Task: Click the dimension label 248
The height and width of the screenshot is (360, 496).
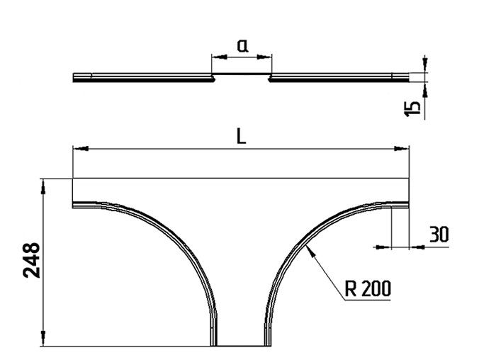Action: pyautogui.click(x=32, y=260)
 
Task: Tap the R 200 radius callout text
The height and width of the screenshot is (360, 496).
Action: pyautogui.click(x=368, y=288)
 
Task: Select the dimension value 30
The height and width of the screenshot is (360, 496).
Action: pyautogui.click(x=439, y=235)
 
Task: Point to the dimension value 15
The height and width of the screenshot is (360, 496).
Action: pyautogui.click(x=413, y=108)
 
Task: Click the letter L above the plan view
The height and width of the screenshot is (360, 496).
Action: pyautogui.click(x=242, y=137)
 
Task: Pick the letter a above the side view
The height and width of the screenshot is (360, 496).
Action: pyautogui.click(x=242, y=46)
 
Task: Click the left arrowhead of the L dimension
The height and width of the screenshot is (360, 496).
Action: pyautogui.click(x=81, y=148)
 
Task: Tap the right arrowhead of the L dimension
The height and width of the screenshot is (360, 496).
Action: pyautogui.click(x=402, y=148)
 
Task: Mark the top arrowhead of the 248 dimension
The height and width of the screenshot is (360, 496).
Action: pyautogui.click(x=43, y=186)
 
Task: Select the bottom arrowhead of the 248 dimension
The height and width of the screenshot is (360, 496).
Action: pyautogui.click(x=43, y=339)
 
